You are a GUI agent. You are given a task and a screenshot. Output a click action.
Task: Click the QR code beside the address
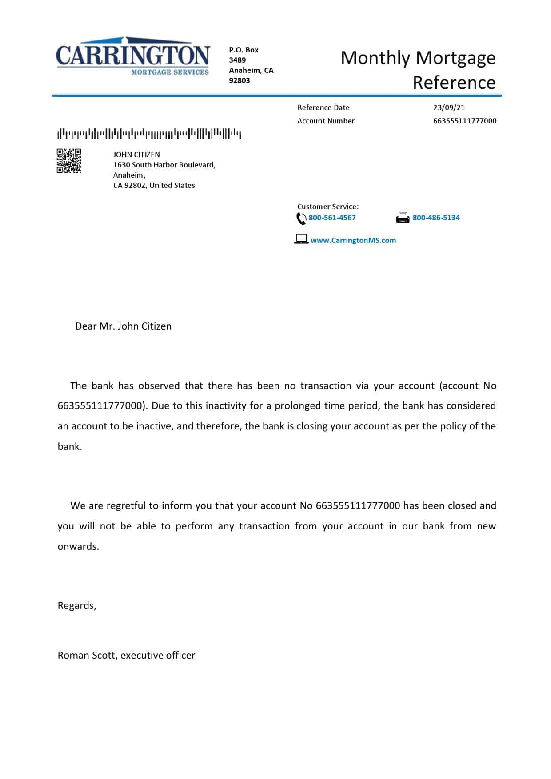click(69, 160)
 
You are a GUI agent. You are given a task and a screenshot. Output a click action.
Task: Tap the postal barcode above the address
click(149, 133)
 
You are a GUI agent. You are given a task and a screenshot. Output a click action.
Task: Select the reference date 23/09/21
click(449, 107)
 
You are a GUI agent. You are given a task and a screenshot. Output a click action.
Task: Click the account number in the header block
click(464, 121)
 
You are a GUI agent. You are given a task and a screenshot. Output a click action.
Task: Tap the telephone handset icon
click(301, 219)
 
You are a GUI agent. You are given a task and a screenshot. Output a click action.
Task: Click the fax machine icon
click(403, 218)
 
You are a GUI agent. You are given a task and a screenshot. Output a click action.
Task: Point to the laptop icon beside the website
click(301, 239)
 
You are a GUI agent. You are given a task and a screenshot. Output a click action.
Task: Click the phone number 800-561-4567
click(332, 218)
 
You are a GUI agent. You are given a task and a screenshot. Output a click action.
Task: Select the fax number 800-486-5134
click(436, 218)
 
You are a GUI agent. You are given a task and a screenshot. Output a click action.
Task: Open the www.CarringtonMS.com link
click(353, 240)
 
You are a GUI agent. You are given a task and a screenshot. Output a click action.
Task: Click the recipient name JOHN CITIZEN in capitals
click(136, 155)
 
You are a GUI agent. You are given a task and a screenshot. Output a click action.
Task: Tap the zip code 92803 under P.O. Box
click(239, 80)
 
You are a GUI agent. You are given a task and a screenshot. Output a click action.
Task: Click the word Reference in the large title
click(454, 83)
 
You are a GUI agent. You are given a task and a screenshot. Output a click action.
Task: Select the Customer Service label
click(327, 207)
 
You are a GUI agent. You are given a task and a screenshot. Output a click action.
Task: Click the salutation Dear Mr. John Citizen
click(123, 326)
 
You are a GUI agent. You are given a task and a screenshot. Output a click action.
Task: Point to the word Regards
click(76, 605)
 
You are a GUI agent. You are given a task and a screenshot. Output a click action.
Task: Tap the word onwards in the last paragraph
click(78, 546)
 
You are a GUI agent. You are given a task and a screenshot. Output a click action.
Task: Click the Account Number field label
click(326, 121)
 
